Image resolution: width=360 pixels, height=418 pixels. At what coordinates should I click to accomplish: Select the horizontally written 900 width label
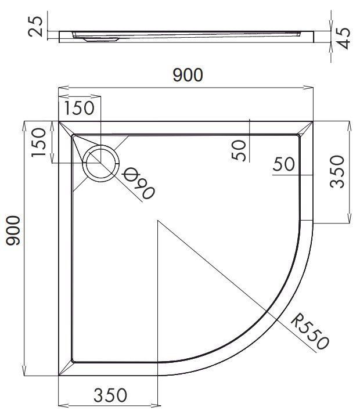click(187, 75)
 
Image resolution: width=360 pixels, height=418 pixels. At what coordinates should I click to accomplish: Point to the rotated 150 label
click(38, 143)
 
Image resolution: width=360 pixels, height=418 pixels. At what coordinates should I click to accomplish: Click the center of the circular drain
click(102, 163)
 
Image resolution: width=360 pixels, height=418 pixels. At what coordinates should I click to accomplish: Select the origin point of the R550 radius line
click(157, 221)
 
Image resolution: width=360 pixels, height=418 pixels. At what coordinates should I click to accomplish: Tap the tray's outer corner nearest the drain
click(59, 121)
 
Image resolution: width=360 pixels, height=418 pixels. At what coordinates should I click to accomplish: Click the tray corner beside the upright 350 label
click(59, 376)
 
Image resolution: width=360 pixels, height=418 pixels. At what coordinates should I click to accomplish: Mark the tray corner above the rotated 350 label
click(314, 121)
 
